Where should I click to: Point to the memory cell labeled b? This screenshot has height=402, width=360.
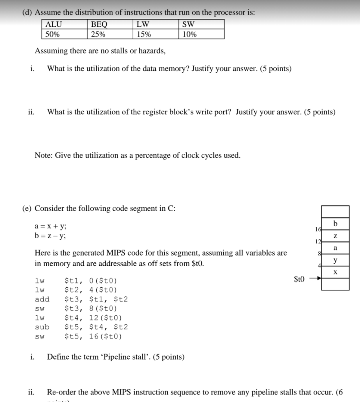(x=335, y=223)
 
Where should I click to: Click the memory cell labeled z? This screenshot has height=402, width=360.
(x=335, y=236)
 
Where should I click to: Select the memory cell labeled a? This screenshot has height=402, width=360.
(x=335, y=248)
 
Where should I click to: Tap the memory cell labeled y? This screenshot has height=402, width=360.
(x=335, y=260)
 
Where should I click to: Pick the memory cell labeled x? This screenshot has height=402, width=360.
(x=335, y=272)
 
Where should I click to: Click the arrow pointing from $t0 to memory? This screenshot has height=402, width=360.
(x=314, y=279)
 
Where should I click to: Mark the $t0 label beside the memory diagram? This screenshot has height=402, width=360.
(x=299, y=279)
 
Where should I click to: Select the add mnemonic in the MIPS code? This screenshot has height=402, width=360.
(x=42, y=299)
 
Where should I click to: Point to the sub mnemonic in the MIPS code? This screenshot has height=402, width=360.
(x=42, y=327)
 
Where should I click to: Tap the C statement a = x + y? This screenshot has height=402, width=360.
(x=51, y=226)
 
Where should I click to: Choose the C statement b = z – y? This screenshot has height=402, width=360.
(x=51, y=236)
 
